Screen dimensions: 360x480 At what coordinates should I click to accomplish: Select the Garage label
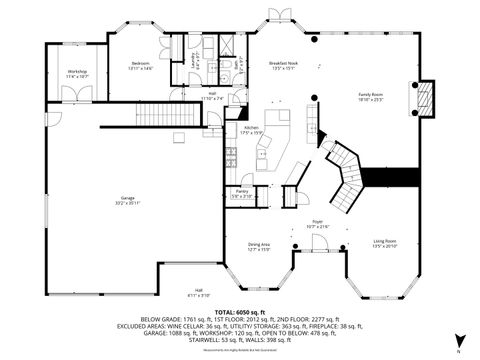(126, 203)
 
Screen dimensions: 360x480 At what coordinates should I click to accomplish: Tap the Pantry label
(242, 193)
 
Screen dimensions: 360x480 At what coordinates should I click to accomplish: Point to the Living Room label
(386, 243)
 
